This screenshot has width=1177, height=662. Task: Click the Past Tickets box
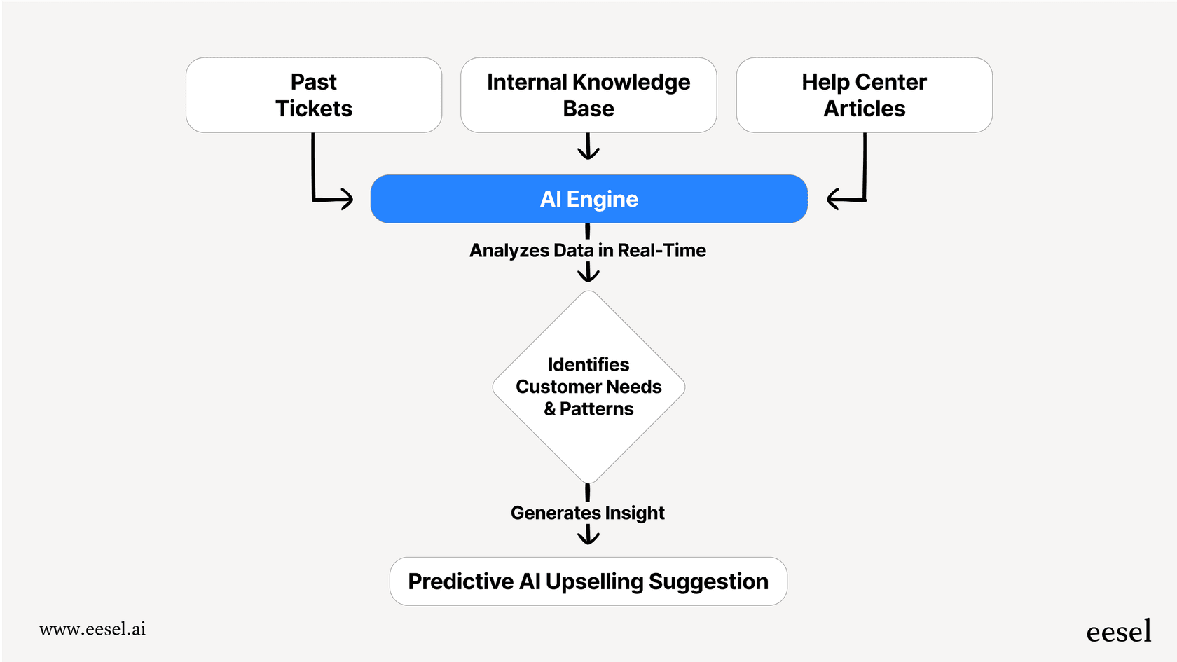click(314, 95)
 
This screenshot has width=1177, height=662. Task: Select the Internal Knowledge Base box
click(588, 95)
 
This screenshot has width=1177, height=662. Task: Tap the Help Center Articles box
click(864, 95)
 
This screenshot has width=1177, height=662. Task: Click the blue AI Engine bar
click(588, 199)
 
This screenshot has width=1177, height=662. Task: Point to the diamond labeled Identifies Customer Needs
click(588, 387)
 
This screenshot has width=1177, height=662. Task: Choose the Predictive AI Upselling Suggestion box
click(588, 581)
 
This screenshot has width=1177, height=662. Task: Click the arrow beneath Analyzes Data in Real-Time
click(588, 273)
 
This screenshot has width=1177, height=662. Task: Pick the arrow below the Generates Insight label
click(588, 535)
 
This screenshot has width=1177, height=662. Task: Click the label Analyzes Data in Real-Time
click(587, 250)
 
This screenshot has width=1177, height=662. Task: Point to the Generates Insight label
click(587, 513)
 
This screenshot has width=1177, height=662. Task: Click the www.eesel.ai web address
click(92, 629)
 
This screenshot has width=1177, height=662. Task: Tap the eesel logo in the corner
click(1118, 632)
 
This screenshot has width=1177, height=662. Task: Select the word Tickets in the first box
click(314, 109)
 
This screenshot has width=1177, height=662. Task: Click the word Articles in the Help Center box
click(864, 109)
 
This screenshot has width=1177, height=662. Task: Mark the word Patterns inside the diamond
click(596, 409)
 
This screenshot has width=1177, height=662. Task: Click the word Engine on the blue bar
click(603, 200)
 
